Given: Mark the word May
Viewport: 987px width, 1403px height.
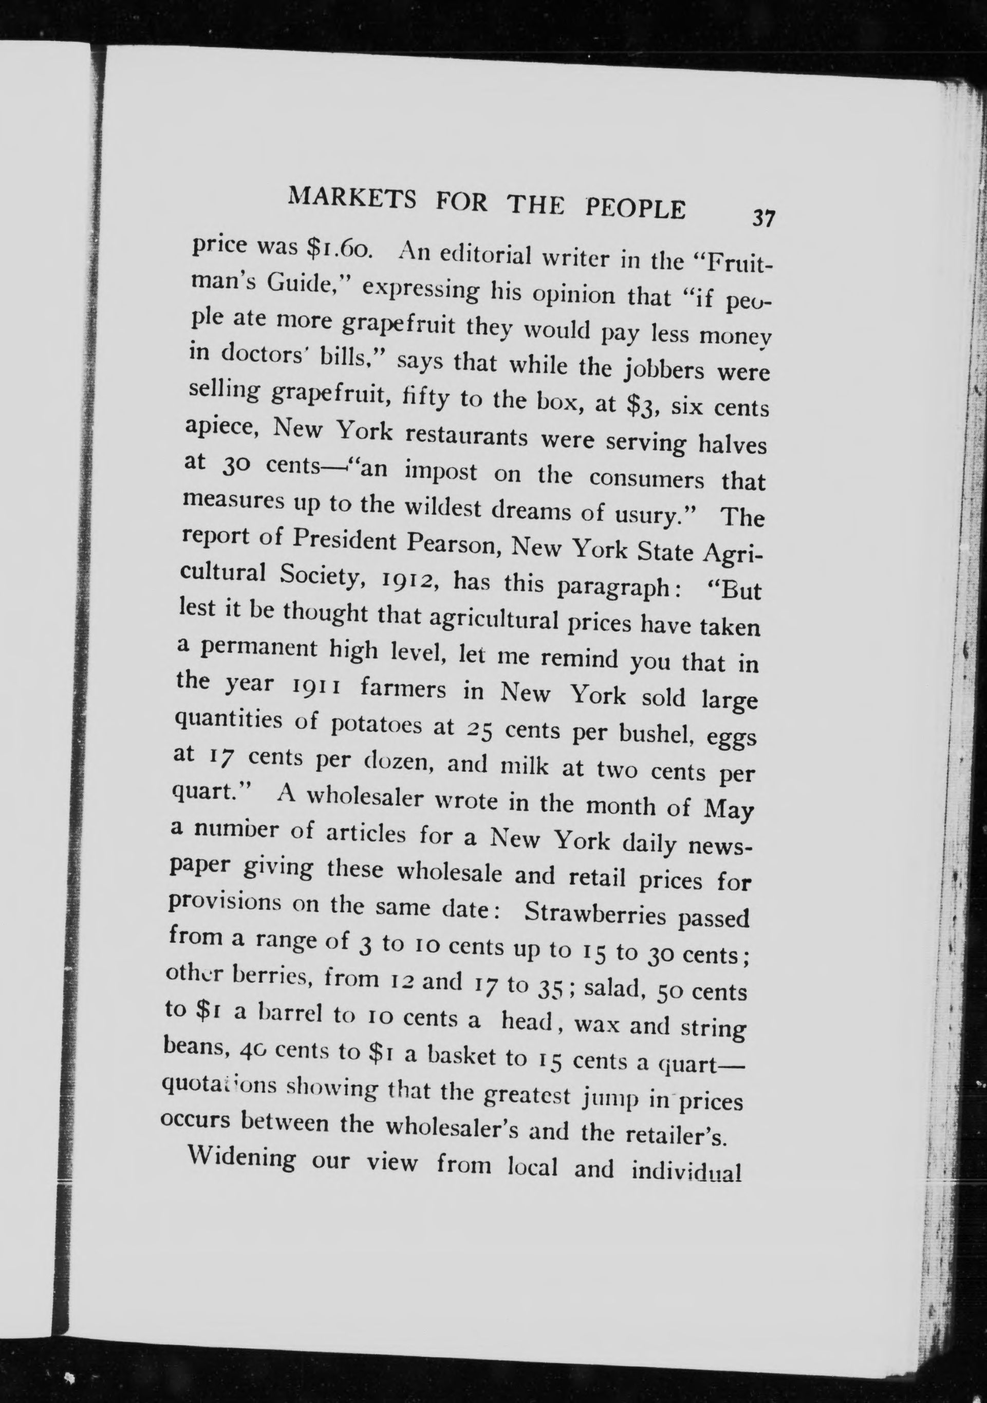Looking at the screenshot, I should [729, 810].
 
